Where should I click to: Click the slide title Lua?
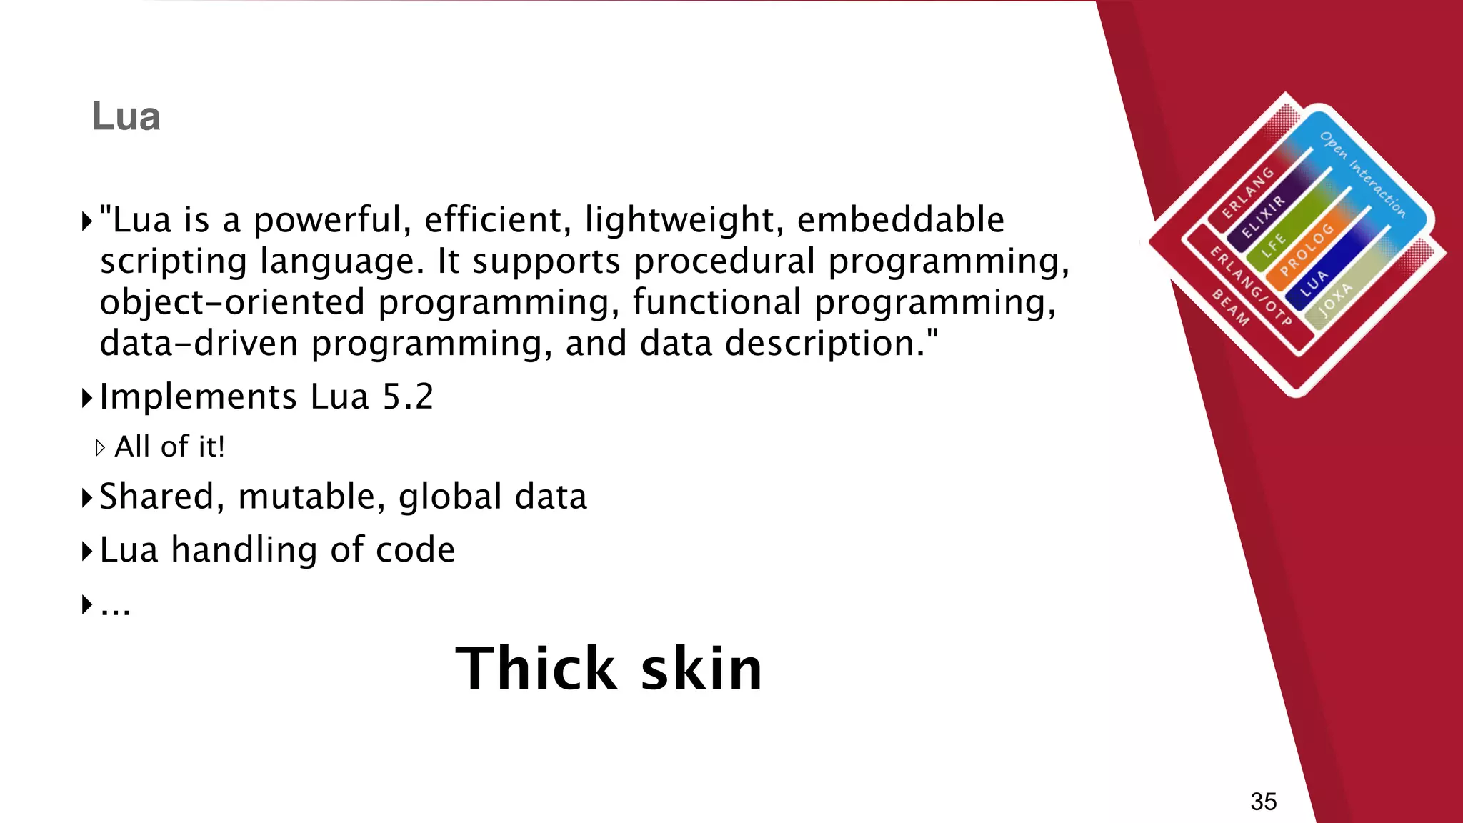point(126,116)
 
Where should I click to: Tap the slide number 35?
point(1263,802)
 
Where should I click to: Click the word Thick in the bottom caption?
point(536,669)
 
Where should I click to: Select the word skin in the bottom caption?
point(701,669)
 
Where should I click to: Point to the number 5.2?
point(408,396)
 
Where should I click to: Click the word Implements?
point(198,396)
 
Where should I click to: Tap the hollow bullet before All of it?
point(100,448)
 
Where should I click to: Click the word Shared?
point(156,497)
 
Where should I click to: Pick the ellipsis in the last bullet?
point(115,607)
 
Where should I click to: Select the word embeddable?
point(900,219)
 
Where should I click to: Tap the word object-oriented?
point(232,302)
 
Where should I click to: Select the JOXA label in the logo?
point(1335,300)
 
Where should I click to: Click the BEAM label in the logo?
point(1230,308)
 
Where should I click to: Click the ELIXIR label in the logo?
point(1263,217)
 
